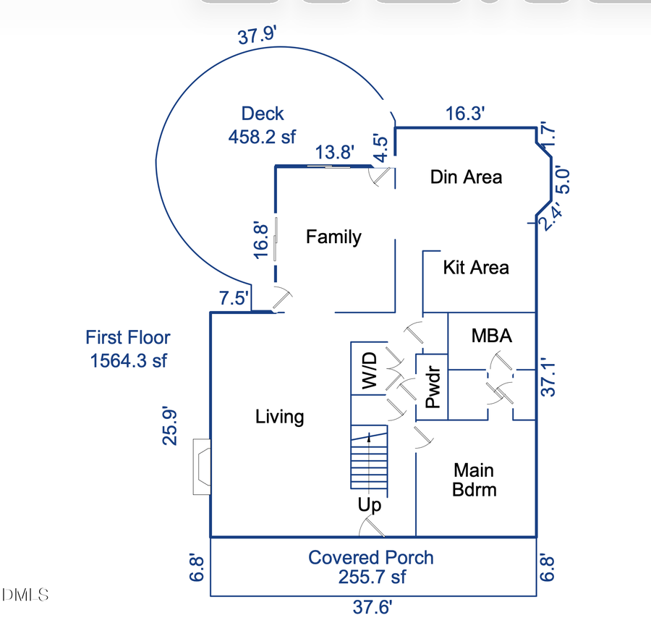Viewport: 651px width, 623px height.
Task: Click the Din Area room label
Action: coord(466,177)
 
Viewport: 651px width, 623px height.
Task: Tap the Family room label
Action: coord(333,237)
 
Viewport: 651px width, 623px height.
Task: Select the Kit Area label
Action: coord(476,268)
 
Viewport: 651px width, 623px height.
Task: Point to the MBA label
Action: coord(492,336)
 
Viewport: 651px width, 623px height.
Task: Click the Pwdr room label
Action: coord(433,389)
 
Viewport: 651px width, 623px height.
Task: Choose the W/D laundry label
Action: coord(369,371)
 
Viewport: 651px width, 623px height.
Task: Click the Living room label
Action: coord(280,417)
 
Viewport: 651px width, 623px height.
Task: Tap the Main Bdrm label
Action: coord(475,479)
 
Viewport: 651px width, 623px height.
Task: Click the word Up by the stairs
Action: coord(369,505)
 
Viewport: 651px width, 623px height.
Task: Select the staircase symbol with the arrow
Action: coord(369,459)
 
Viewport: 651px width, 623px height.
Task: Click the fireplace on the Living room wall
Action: coord(202,467)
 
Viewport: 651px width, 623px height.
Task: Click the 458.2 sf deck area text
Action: coord(262,137)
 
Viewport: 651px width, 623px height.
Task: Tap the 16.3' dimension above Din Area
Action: coord(464,114)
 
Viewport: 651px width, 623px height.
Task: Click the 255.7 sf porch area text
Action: coord(372,577)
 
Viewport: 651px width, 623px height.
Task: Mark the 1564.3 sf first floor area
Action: coord(128,360)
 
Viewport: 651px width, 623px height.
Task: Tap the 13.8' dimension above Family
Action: coord(335,153)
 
